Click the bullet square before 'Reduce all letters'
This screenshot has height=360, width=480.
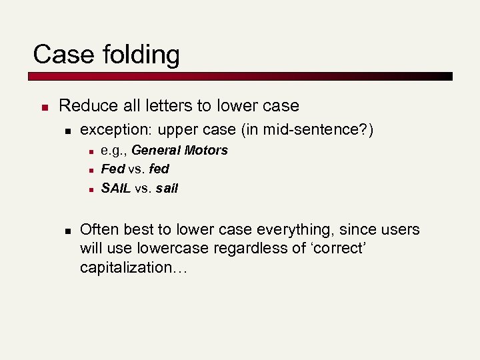[x=42, y=107]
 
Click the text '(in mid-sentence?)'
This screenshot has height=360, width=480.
[x=315, y=129]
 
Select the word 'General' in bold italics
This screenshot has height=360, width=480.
[x=155, y=150]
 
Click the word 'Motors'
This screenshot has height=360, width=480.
[x=205, y=150]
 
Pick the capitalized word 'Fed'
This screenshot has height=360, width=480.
[x=113, y=169]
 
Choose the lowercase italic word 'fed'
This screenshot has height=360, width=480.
[x=159, y=169]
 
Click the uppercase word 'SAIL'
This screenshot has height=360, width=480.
[x=116, y=188]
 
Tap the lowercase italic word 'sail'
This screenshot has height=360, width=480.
[x=167, y=188]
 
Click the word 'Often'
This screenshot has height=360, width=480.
[x=99, y=230]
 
